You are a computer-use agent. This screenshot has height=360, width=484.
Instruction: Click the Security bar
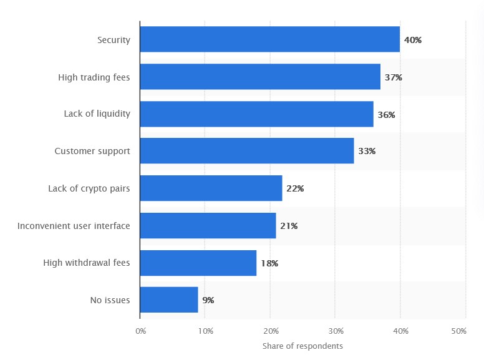point(269,39)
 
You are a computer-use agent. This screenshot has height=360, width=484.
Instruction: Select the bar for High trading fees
point(260,77)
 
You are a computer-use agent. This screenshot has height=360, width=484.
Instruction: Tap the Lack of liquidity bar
point(256,114)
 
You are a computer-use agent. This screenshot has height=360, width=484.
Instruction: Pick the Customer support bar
point(247,151)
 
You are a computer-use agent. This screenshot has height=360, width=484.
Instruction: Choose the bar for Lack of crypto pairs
point(211,188)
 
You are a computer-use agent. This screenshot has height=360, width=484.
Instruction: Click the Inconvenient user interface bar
point(208,225)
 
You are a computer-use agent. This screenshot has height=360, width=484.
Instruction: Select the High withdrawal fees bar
point(198,263)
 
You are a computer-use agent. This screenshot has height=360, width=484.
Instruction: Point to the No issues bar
point(169,299)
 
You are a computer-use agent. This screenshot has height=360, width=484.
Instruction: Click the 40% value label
point(413,40)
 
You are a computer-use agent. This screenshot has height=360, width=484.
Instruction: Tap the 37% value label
point(394,77)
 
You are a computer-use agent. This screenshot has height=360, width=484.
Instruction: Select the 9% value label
point(208,300)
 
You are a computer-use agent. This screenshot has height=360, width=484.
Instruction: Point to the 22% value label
point(295,188)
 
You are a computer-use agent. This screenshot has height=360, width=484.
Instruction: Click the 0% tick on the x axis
point(140,331)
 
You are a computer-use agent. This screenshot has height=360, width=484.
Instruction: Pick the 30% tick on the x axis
point(335,331)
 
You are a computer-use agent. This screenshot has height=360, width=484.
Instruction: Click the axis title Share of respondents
point(302,346)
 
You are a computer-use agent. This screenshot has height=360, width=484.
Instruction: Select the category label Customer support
point(92,151)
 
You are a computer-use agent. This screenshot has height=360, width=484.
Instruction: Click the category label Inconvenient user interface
point(74,225)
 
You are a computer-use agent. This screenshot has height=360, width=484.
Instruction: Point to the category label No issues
point(110,300)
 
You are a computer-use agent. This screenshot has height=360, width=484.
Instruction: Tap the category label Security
point(114,40)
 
